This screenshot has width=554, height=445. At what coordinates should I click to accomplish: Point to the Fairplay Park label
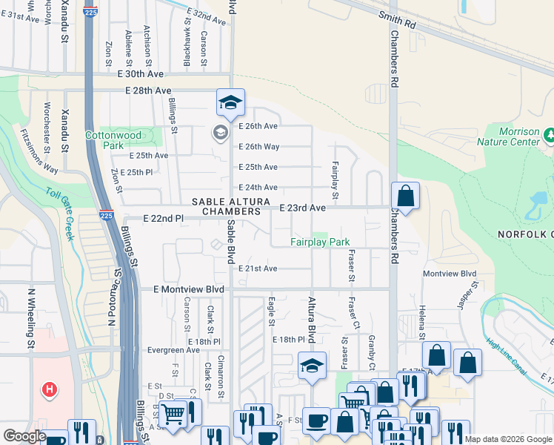click(319, 242)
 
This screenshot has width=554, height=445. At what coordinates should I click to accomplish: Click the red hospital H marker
click(50, 389)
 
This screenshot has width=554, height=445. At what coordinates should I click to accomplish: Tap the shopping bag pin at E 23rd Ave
click(405, 197)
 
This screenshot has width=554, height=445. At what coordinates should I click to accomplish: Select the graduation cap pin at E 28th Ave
click(230, 102)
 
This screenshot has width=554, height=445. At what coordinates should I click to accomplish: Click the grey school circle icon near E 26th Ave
click(220, 133)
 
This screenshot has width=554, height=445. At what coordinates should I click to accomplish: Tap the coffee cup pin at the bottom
click(317, 421)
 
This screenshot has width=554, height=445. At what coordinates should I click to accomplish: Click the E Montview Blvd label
click(188, 289)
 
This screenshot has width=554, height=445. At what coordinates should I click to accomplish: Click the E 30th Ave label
click(140, 74)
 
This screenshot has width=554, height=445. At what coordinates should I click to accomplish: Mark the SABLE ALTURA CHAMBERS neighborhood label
click(226, 207)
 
